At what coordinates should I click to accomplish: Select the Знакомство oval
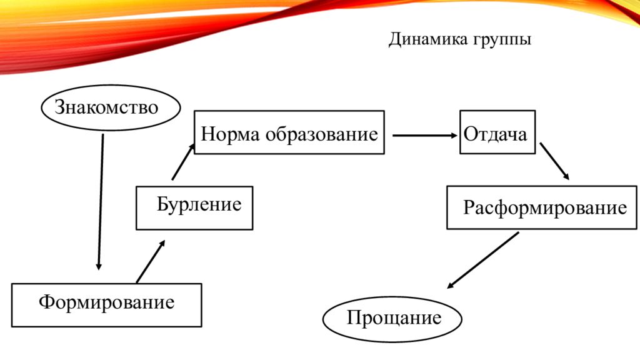click(x=111, y=107)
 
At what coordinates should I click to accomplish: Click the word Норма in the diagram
click(x=230, y=134)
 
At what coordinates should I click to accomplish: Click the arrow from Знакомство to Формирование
click(x=101, y=202)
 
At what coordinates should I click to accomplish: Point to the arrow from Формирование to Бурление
click(x=151, y=261)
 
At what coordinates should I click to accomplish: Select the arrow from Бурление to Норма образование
click(x=183, y=162)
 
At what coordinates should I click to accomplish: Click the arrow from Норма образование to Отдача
click(x=425, y=136)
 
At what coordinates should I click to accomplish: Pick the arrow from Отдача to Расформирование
click(x=555, y=161)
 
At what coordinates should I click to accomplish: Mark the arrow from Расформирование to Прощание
click(x=483, y=261)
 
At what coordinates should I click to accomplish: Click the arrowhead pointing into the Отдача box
click(x=454, y=136)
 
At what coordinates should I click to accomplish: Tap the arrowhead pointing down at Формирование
click(x=98, y=266)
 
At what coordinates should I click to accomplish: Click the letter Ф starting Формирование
click(x=46, y=302)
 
